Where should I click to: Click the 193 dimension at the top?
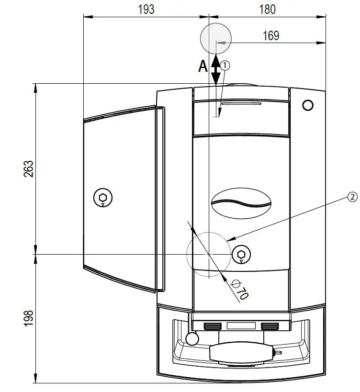click(x=146, y=9)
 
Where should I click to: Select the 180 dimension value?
click(x=267, y=9)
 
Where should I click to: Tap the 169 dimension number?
click(x=271, y=36)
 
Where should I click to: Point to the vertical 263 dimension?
click(x=28, y=169)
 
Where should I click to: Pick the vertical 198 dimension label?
click(x=28, y=318)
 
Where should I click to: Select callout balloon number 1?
click(x=225, y=65)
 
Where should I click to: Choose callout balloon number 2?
click(x=352, y=197)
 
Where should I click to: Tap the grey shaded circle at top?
click(x=215, y=38)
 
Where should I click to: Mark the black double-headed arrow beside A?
click(x=216, y=68)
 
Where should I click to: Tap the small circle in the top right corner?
click(x=308, y=105)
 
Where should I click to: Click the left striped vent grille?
click(x=213, y=326)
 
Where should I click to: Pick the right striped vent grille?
click(x=270, y=326)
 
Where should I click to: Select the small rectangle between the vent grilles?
click(x=241, y=326)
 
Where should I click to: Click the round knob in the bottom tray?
click(x=191, y=339)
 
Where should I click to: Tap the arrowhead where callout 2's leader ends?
click(x=229, y=239)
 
